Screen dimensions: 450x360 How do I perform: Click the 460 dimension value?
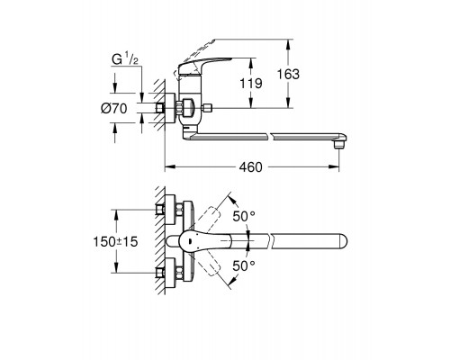point(250,167)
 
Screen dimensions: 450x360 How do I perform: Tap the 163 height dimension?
point(288,74)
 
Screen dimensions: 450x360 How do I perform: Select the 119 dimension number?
point(251,83)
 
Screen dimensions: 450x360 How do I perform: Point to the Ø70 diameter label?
point(114,108)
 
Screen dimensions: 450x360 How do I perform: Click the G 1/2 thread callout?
point(125,58)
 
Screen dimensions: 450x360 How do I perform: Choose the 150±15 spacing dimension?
point(115,241)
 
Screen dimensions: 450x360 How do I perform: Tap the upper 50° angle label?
point(244,216)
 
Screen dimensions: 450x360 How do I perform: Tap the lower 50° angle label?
point(244,265)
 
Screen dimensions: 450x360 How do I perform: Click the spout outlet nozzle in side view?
point(339,145)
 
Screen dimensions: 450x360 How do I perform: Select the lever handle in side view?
point(204,66)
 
